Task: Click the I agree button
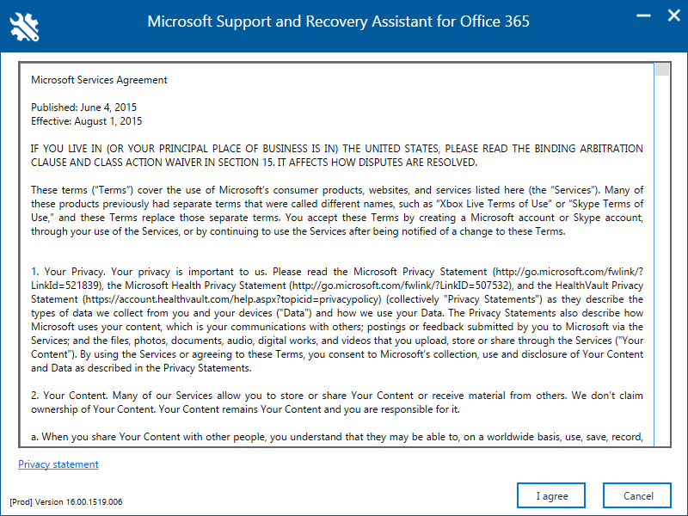[552, 496]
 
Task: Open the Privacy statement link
[58, 464]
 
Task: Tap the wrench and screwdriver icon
[24, 25]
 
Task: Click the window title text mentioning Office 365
[338, 21]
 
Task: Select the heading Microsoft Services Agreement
[99, 80]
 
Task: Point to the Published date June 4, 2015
[83, 107]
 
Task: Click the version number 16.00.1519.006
[90, 501]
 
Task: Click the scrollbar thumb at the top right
[661, 70]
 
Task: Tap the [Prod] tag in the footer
[21, 501]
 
